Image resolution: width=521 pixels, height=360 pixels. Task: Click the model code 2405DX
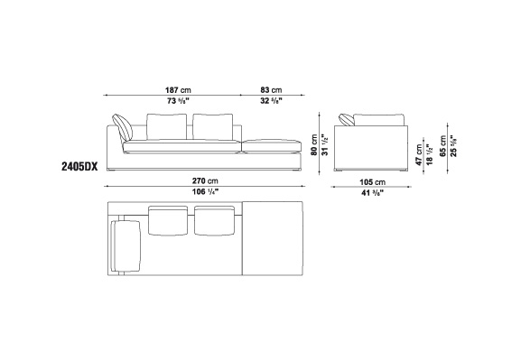pos(79,166)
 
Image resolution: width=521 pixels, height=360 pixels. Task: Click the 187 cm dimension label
pos(178,90)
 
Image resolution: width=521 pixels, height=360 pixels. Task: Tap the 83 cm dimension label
pos(271,90)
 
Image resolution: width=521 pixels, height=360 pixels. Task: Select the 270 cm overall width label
pos(205,181)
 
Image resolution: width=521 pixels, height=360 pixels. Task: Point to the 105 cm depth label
pos(373,182)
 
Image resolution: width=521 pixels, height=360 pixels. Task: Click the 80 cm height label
pos(314,144)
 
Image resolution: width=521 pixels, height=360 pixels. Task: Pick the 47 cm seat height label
pos(419,155)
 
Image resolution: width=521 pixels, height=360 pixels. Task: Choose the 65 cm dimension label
pos(443,146)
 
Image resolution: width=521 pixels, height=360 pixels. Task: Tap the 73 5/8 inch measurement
pos(179,101)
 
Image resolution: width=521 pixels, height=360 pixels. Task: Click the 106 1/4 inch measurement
pos(205,192)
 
